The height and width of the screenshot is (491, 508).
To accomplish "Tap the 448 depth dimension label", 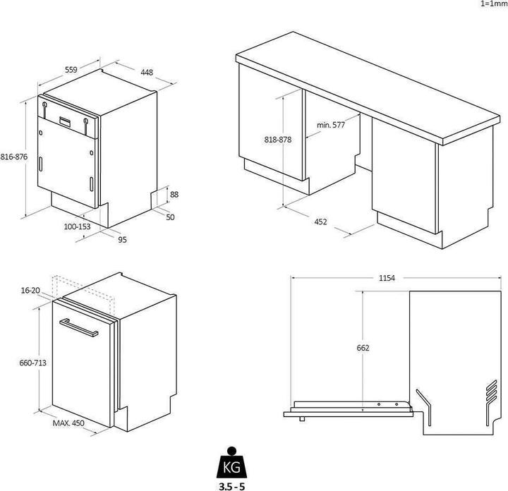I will pyautogui.click(x=146, y=72).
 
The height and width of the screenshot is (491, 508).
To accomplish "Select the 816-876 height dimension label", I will pyautogui.click(x=13, y=157).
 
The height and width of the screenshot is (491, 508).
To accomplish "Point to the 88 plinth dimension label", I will pyautogui.click(x=174, y=195).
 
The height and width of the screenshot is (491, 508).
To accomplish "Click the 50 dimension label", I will pyautogui.click(x=170, y=217).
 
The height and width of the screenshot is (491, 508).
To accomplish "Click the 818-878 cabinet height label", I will pyautogui.click(x=278, y=140).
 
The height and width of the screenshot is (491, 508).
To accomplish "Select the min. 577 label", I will pyautogui.click(x=330, y=125).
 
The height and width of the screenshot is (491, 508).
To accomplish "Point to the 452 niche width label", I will pyautogui.click(x=320, y=222).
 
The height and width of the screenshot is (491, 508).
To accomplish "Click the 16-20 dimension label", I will pyautogui.click(x=31, y=290).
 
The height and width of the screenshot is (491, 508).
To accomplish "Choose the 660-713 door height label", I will pyautogui.click(x=32, y=363).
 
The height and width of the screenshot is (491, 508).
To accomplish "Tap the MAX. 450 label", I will pyautogui.click(x=68, y=423).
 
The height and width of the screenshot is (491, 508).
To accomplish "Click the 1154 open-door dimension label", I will pyautogui.click(x=387, y=278).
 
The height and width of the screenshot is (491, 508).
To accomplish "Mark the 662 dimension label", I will pyautogui.click(x=363, y=348).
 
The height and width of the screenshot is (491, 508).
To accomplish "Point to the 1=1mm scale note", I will pyautogui.click(x=493, y=4).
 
